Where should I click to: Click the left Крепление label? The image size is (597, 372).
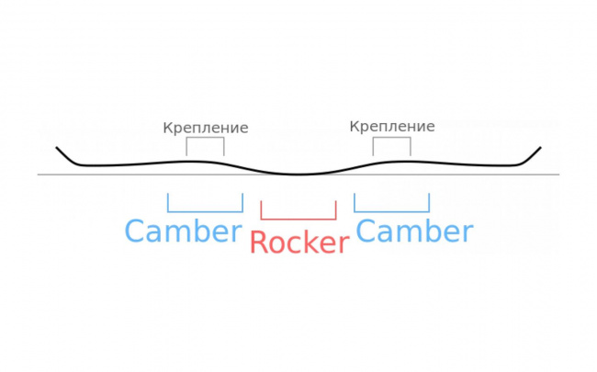(206, 128)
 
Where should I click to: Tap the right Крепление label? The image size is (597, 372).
(392, 126)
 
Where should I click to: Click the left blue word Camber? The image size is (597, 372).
(183, 231)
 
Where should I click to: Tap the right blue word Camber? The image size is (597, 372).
(414, 231)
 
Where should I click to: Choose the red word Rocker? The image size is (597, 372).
(299, 242)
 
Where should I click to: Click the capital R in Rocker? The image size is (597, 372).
(260, 242)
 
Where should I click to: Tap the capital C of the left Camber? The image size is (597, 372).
(136, 231)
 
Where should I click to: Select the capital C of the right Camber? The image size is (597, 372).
(367, 231)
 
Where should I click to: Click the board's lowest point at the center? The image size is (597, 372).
(298, 174)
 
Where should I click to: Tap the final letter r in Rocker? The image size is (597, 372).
(343, 245)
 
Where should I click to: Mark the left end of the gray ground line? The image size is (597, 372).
(39, 175)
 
